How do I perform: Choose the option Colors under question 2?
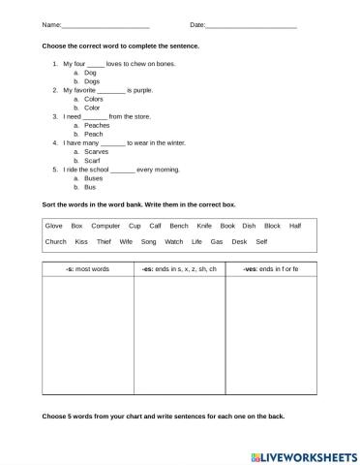(94, 99)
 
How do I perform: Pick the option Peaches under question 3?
(97, 125)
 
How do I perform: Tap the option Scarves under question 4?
(97, 151)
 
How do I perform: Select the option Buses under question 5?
(94, 178)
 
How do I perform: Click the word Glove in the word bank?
(54, 225)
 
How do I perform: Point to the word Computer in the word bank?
(106, 225)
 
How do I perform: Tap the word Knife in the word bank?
(202, 225)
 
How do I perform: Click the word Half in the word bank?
(295, 225)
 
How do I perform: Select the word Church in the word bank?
(56, 241)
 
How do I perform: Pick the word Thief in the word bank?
(105, 241)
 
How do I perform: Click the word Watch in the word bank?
(173, 241)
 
